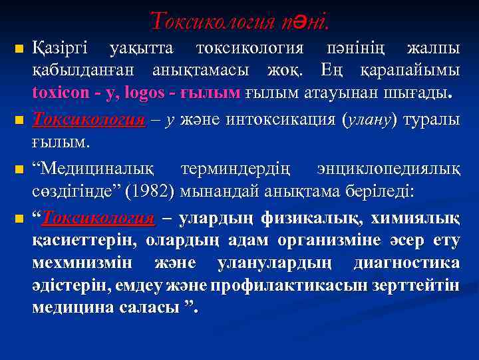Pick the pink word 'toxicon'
[59, 93]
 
